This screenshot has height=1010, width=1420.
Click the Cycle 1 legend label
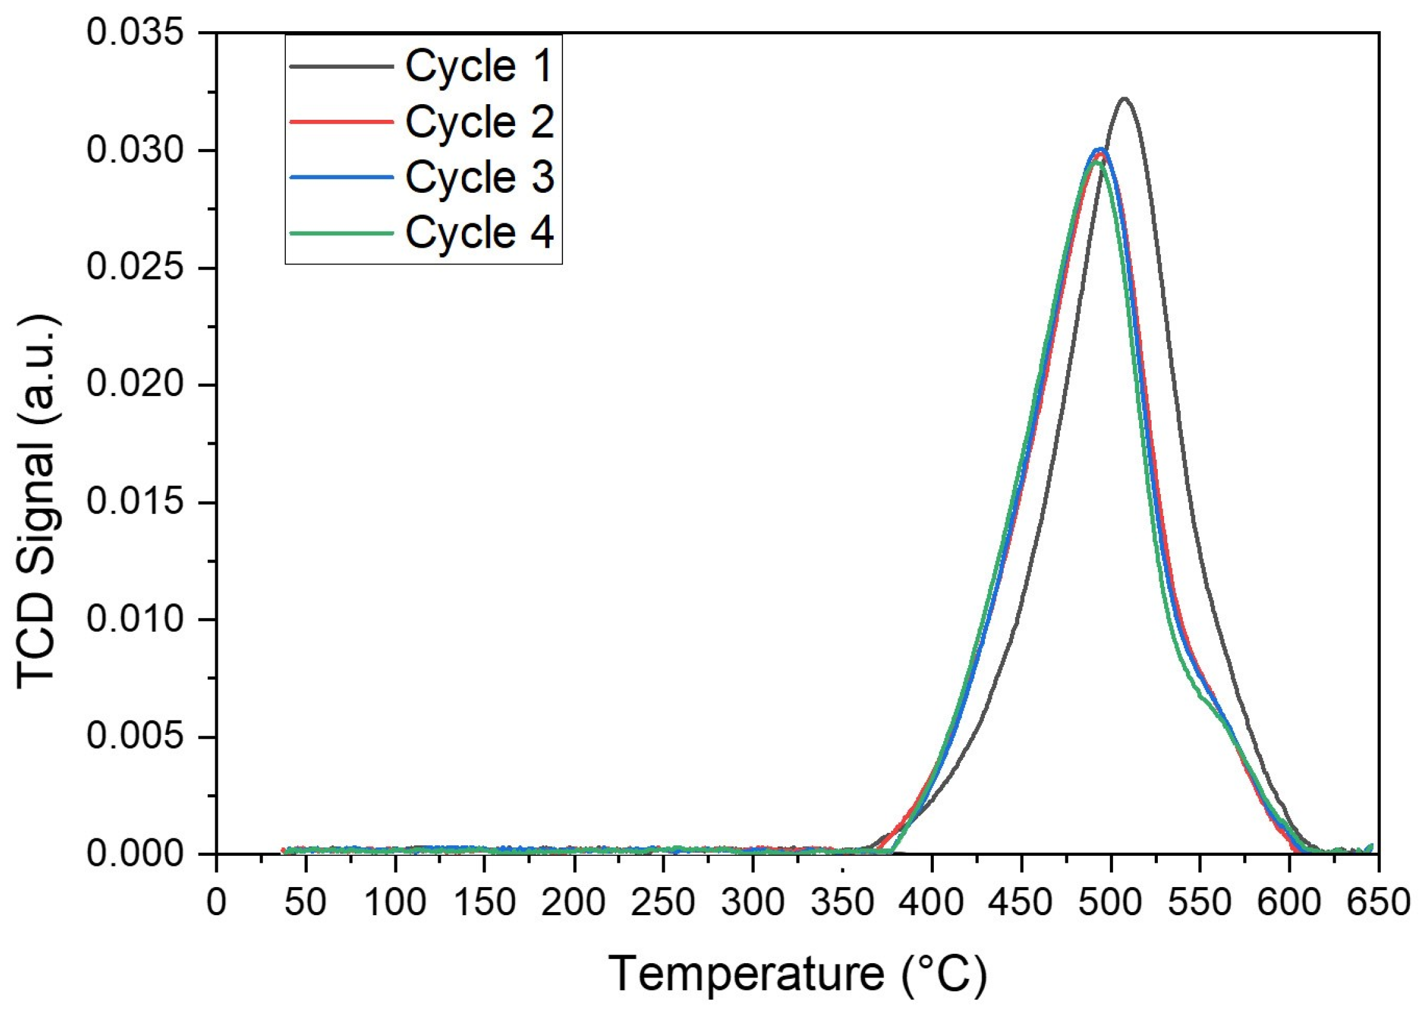[x=479, y=66]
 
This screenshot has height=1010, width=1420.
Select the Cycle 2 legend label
[x=479, y=122]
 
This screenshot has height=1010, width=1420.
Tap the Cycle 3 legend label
[x=479, y=177]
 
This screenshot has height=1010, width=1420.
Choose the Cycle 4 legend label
[x=479, y=233]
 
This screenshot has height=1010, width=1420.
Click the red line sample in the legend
[x=341, y=122]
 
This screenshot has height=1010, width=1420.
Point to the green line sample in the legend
[x=341, y=233]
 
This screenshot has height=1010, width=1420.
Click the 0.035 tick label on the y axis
[x=135, y=32]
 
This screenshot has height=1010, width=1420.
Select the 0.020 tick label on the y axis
[x=135, y=384]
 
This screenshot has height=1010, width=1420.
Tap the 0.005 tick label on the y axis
[x=135, y=736]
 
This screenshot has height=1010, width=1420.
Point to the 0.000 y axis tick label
[x=135, y=853]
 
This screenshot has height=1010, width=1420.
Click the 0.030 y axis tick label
[x=135, y=150]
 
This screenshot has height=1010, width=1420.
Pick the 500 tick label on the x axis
[x=1110, y=902]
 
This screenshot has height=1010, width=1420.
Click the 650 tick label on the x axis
[x=1378, y=902]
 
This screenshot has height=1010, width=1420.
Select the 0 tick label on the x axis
[x=216, y=902]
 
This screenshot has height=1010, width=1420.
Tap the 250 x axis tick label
[x=663, y=902]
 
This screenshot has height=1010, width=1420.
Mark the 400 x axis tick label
[x=931, y=902]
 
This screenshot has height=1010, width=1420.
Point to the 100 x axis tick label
[x=394, y=902]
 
